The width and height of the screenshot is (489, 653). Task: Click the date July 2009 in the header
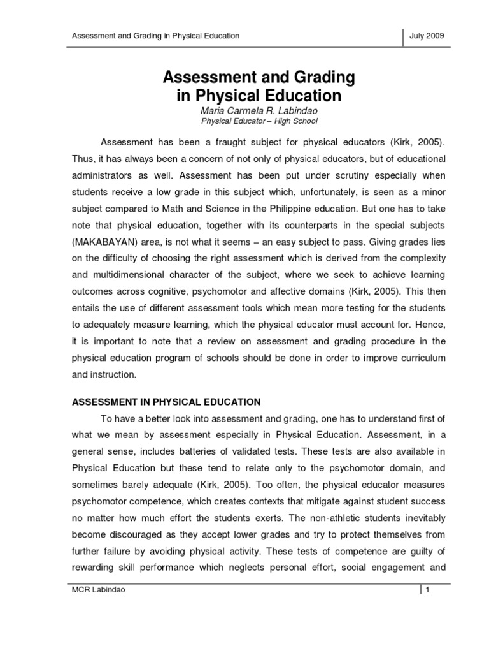coord(431,36)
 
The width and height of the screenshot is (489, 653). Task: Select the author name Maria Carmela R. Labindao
coord(259,110)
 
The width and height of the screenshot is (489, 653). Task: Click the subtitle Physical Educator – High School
coord(259,121)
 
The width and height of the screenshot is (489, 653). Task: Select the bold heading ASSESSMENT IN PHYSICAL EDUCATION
coord(166,402)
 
